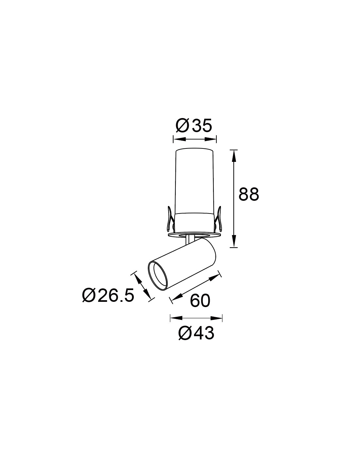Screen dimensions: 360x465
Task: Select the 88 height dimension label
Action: pyautogui.click(x=249, y=194)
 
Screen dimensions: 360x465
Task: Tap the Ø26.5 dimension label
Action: pyautogui.click(x=108, y=295)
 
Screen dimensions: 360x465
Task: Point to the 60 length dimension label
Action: pyautogui.click(x=200, y=300)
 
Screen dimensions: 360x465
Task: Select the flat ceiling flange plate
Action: pyautogui.click(x=194, y=235)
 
